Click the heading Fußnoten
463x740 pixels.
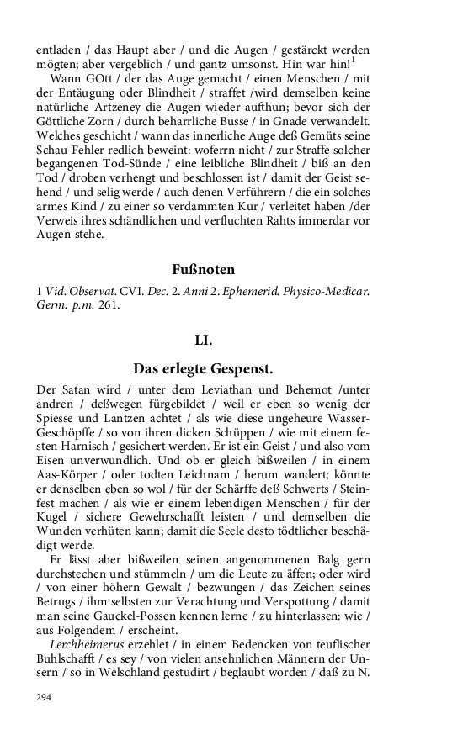click(203, 270)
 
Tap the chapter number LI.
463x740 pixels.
click(203, 340)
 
